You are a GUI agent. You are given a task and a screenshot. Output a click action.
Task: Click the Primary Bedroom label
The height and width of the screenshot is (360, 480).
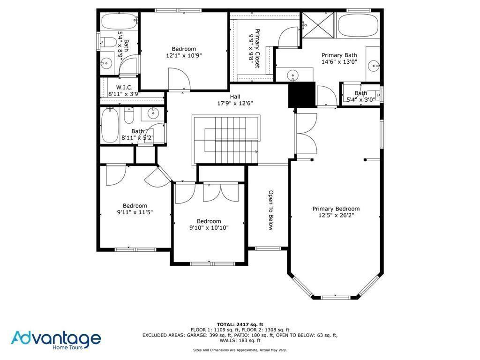click(x=336, y=209)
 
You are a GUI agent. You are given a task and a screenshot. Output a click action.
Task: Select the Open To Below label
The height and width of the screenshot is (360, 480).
click(x=270, y=210)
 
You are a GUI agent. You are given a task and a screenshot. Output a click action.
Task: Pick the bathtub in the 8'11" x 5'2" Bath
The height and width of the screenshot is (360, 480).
click(x=110, y=126)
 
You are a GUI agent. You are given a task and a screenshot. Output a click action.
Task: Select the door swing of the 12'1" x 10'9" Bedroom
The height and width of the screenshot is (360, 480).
click(x=179, y=79)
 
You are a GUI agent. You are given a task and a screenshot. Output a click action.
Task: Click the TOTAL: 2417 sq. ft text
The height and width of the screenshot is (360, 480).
click(x=240, y=324)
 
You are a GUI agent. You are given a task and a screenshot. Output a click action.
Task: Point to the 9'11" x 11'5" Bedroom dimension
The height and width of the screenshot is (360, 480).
click(x=135, y=212)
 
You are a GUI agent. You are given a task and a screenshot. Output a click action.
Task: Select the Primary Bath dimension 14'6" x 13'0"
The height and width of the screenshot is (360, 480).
click(x=339, y=61)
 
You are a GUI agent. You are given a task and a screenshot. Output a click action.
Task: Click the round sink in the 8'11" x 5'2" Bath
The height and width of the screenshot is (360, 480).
click(x=152, y=112)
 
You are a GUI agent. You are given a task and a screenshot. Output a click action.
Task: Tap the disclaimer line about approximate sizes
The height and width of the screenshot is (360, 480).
click(x=240, y=350)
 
